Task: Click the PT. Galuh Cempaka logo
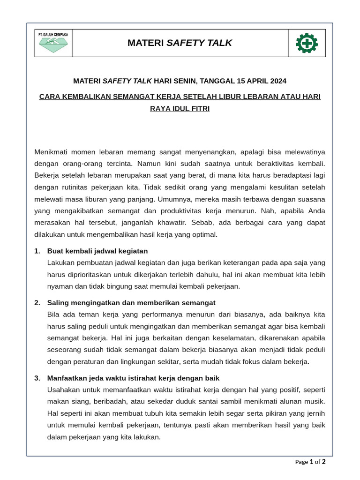52,43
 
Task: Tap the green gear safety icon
307,43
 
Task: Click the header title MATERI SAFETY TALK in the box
180,43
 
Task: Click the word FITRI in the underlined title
199,108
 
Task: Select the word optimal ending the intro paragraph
204,234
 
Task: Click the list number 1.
37,251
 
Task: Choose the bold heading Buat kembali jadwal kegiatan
97,251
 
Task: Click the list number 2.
37,302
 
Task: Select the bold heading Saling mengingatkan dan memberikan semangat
131,302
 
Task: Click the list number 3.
37,378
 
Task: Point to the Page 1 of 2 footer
310,462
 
